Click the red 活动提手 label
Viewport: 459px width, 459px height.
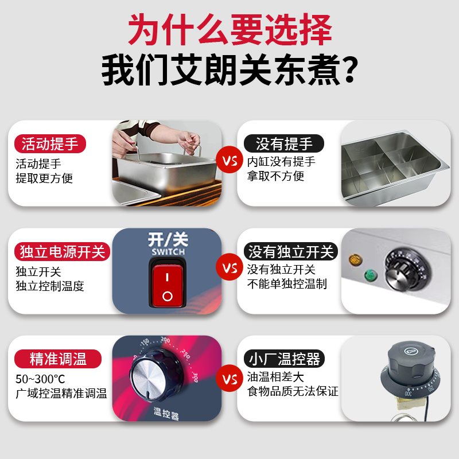pos(50,143)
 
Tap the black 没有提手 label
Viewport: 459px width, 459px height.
pos(283,143)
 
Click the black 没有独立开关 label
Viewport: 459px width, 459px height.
pos(290,252)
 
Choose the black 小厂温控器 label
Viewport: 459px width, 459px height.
pos(283,360)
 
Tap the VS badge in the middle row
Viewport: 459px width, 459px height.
pos(229,269)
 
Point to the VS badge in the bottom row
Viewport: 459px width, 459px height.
pos(229,379)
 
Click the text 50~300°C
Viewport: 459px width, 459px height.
pos(40,379)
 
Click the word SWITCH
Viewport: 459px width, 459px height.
pos(167,252)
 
